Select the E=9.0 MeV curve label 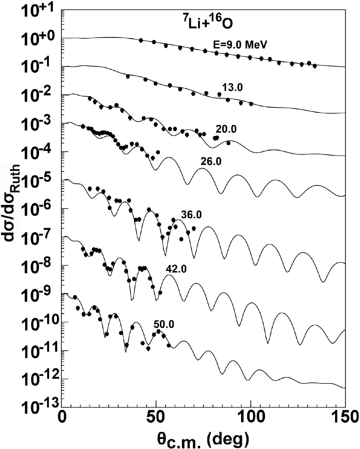tap(240, 45)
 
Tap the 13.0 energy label tap(232, 88)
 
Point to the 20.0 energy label tap(226, 129)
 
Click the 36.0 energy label tap(191, 215)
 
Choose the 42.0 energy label tap(176, 269)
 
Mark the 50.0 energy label tap(164, 324)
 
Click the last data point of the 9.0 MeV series tap(315, 66)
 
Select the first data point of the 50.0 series tap(75, 297)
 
